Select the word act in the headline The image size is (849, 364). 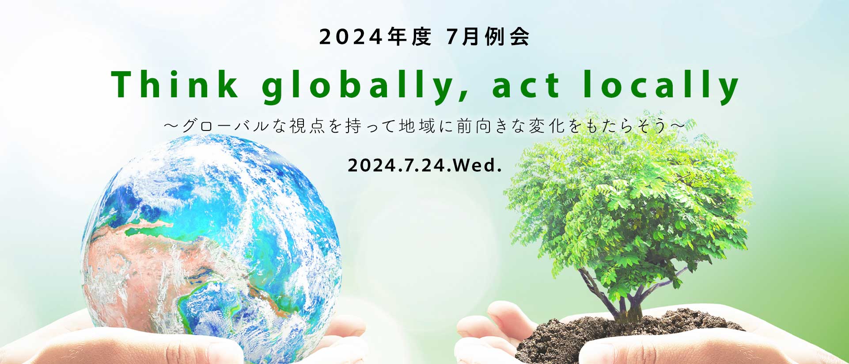tap(526, 86)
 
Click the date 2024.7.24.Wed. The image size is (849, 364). tap(425, 165)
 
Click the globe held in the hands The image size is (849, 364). tap(211, 248)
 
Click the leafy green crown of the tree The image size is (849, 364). tap(627, 208)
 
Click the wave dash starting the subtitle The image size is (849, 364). tap(171, 126)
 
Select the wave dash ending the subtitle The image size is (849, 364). tap(678, 126)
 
